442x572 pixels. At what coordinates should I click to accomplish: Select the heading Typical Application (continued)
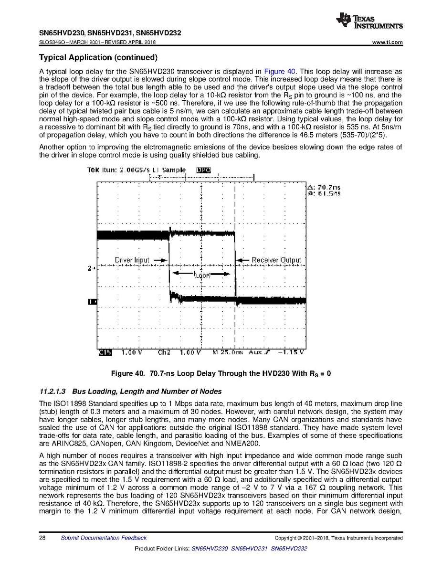(x=98, y=58)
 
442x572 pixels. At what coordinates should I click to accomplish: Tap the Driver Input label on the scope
(x=132, y=260)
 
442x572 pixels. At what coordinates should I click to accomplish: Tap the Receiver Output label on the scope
(x=276, y=260)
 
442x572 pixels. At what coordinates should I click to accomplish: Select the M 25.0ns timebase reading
(x=228, y=353)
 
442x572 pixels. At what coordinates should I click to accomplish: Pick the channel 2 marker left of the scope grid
(x=92, y=268)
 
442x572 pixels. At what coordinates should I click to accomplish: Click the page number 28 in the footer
(x=42, y=538)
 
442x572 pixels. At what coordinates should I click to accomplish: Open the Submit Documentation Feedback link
(x=104, y=538)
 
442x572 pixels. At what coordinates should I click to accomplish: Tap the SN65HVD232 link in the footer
(x=288, y=549)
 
